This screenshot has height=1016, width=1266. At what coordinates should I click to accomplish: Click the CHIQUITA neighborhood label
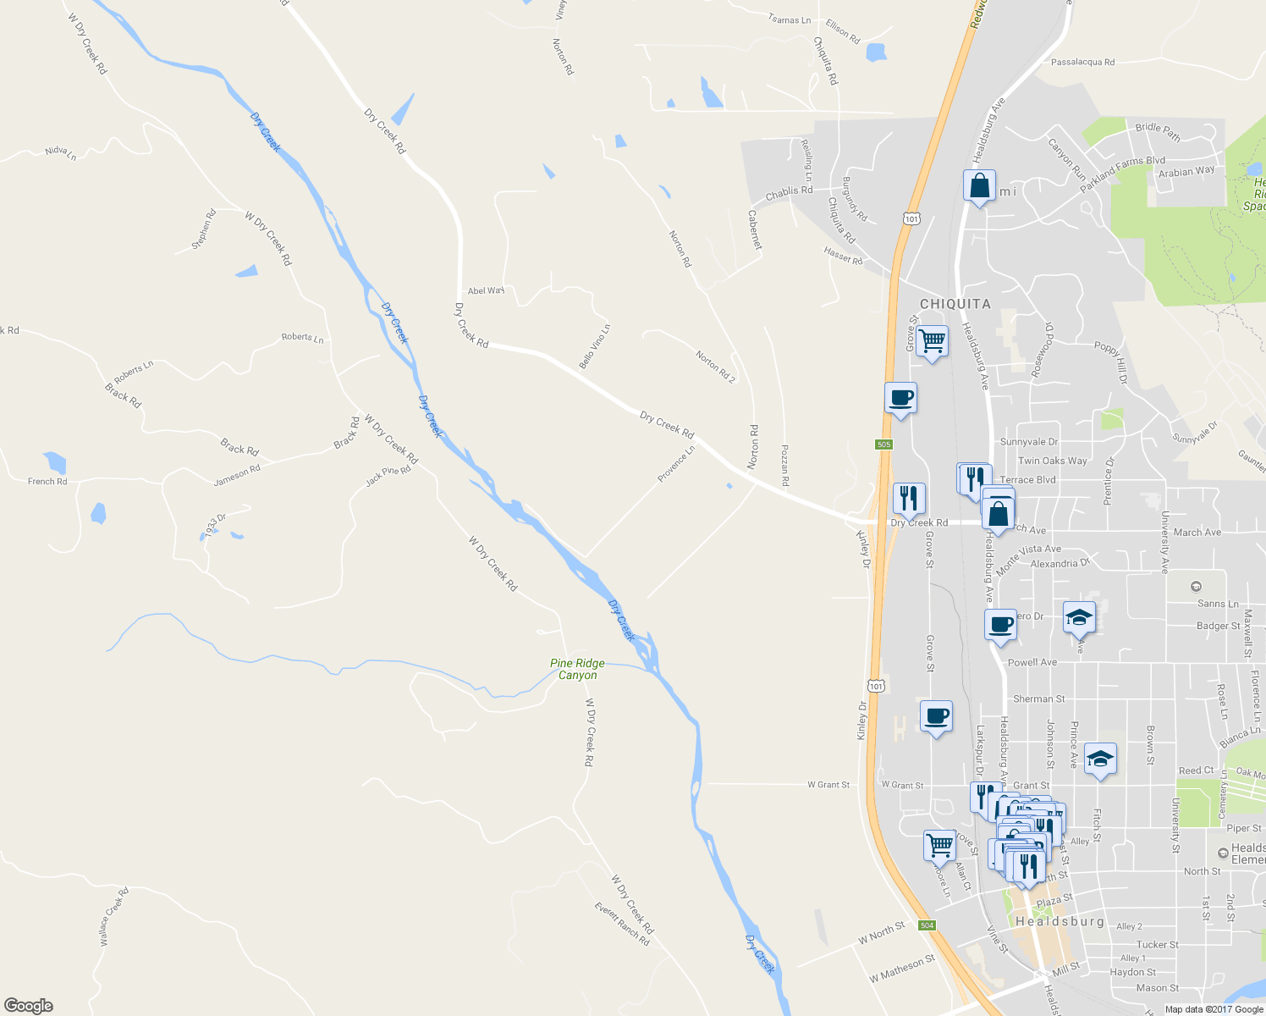point(955,304)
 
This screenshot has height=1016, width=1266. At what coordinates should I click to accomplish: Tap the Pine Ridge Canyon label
point(577,669)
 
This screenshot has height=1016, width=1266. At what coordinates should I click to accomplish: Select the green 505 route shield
point(883,444)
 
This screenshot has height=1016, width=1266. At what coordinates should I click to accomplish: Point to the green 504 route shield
point(927,925)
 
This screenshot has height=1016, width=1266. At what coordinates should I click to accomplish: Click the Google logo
point(29,1005)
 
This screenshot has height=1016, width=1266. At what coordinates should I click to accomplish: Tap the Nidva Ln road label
point(61,152)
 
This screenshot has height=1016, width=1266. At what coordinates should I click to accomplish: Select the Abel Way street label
point(486,290)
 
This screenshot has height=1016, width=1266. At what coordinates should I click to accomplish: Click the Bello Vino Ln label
point(594,346)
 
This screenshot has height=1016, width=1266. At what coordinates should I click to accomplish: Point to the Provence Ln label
point(676,464)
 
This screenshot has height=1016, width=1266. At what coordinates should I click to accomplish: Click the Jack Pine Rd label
point(388,476)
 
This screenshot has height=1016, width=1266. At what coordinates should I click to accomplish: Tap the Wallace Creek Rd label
point(114,916)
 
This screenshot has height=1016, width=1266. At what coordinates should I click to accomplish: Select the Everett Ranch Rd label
point(622,924)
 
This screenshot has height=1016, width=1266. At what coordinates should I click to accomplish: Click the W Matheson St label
point(902,968)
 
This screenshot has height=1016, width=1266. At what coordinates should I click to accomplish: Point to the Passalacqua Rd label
point(1082,62)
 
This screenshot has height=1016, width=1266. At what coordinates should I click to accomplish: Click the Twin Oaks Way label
point(1052,461)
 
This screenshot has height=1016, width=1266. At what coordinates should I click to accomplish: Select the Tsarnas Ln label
point(789,19)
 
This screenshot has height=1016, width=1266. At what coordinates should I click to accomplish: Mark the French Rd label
point(47,481)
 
